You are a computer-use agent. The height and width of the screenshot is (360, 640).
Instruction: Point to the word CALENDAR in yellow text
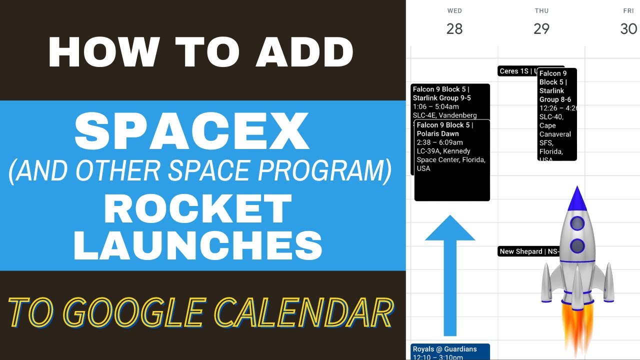[x=298, y=313]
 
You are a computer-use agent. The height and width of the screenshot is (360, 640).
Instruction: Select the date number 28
[x=454, y=28]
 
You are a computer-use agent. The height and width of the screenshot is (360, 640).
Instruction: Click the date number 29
[x=541, y=28]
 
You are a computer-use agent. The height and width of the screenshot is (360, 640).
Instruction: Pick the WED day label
[x=454, y=10]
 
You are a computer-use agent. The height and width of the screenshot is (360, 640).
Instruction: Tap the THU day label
[x=541, y=10]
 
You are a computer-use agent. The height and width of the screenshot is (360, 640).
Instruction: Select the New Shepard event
[x=525, y=251]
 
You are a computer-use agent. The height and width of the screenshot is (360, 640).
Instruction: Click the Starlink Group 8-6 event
[x=557, y=115]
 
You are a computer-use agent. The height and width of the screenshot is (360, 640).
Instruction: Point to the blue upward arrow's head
[x=450, y=229]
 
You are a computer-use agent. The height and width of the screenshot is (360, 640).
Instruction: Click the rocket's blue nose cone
[x=577, y=199]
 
